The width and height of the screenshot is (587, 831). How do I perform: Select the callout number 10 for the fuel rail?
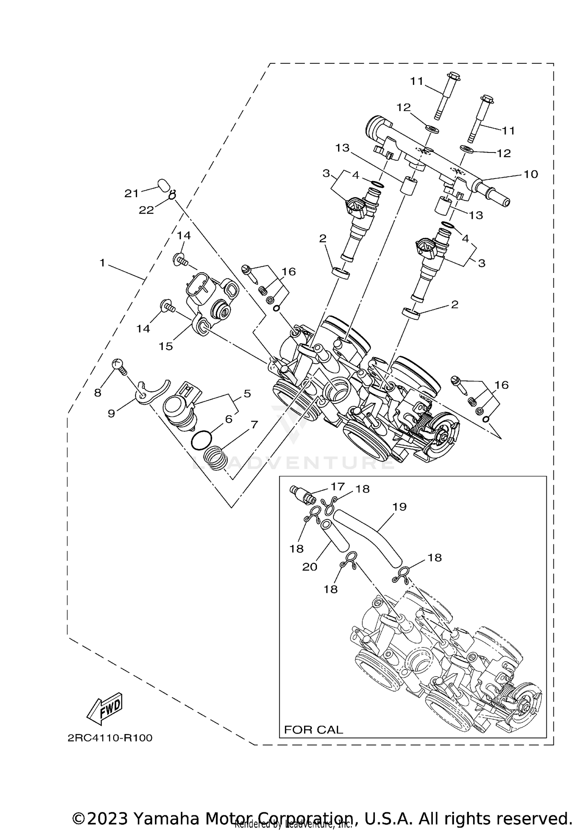[531, 174]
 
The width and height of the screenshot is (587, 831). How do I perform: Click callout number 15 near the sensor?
[166, 346]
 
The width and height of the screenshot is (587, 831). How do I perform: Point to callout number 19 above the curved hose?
[400, 507]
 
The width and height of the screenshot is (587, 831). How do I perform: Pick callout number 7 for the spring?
[254, 424]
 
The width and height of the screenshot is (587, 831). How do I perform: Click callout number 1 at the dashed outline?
[103, 263]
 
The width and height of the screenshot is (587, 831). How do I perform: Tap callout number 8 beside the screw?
[97, 393]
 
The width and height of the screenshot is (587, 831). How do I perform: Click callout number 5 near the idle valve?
[247, 393]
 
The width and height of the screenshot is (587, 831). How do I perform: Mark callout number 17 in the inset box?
[337, 486]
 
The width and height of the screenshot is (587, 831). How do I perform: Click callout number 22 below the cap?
[146, 210]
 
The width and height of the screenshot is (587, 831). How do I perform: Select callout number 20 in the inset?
[310, 567]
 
